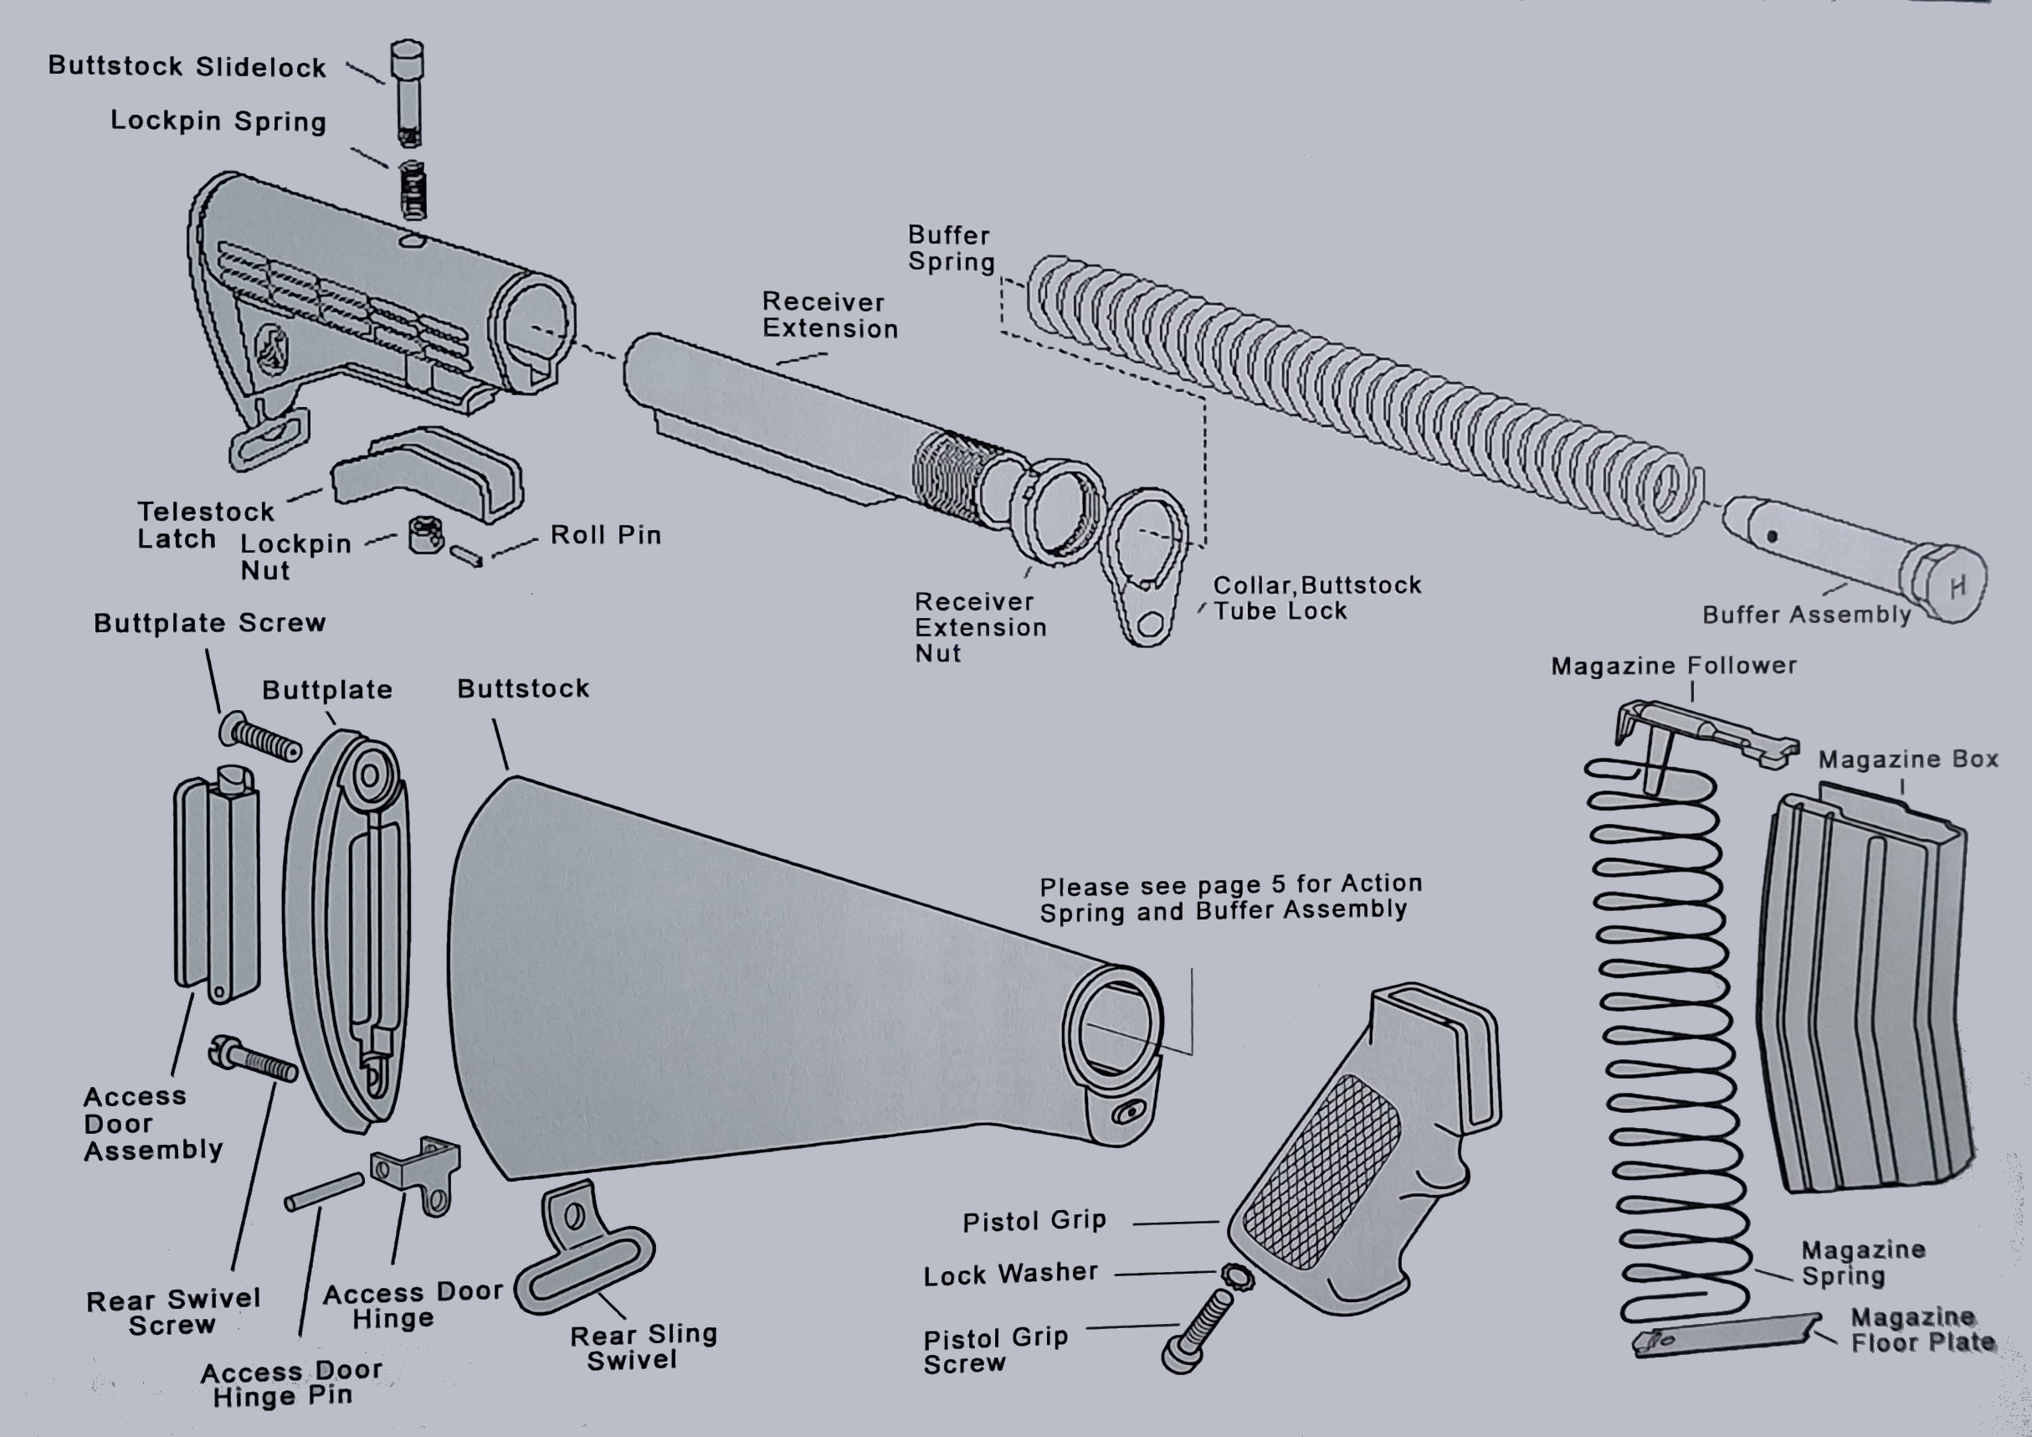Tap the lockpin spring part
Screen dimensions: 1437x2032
click(413, 190)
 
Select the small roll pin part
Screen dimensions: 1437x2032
click(465, 556)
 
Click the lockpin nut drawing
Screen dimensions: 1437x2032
click(426, 535)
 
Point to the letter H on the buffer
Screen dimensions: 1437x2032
click(1957, 585)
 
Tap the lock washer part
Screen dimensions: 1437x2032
click(1236, 1277)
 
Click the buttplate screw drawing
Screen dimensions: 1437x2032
click(260, 737)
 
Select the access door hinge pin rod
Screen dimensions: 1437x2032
click(324, 1191)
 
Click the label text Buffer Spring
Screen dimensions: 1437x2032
click(951, 249)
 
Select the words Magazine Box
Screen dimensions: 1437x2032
click(1907, 759)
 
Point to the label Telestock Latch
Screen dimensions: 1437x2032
click(205, 525)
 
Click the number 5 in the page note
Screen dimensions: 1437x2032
click(1278, 883)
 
